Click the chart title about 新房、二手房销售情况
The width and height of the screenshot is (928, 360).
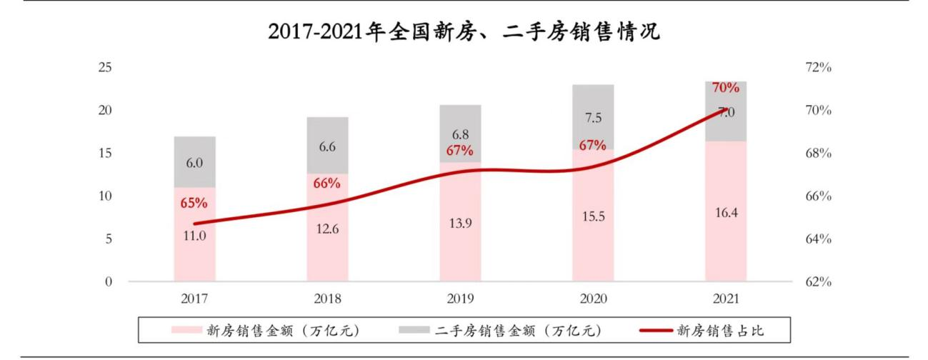(x=464, y=32)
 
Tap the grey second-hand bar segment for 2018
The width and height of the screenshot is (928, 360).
(x=327, y=146)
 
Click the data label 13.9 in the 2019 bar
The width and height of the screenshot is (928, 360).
(x=460, y=223)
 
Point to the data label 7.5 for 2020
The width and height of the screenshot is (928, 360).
(x=593, y=118)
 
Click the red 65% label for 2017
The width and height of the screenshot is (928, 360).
(x=194, y=203)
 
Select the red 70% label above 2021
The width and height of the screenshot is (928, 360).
(x=726, y=88)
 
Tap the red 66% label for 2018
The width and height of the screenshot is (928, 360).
(x=327, y=183)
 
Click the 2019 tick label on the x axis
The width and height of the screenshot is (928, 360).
(x=460, y=299)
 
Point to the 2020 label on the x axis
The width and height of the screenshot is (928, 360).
(x=593, y=299)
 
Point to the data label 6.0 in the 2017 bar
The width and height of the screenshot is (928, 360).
(x=194, y=163)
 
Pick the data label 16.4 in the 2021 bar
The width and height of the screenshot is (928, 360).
(x=726, y=211)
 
